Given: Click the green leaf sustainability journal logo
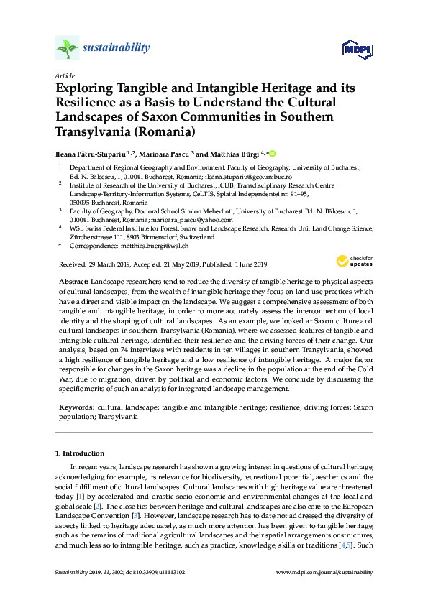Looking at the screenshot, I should pyautogui.click(x=67, y=49).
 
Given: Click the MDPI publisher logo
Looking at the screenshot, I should pyautogui.click(x=356, y=49).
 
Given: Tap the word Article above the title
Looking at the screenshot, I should pyautogui.click(x=63, y=75).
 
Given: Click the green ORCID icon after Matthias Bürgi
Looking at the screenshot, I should pyautogui.click(x=273, y=153).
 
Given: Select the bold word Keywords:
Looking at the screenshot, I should pyautogui.click(x=76, y=407).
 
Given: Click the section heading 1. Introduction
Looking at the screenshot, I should pyautogui.click(x=80, y=453).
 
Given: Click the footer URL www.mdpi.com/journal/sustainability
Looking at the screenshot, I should pyautogui.click(x=324, y=572).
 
